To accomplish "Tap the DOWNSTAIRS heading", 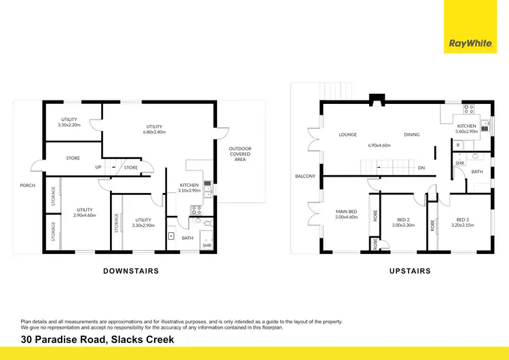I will tap(131, 271).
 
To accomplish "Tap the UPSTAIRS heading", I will tap(411, 271).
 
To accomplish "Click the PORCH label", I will tap(27, 185).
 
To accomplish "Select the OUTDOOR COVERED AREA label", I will tap(240, 154).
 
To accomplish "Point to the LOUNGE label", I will tap(348, 134).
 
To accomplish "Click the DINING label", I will tap(412, 134).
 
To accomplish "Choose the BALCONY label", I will tap(305, 176).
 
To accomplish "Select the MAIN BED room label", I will tap(347, 211).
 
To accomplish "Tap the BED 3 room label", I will tap(462, 219).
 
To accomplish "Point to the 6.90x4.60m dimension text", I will tap(380, 145).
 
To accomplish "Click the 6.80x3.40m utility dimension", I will tap(155, 132).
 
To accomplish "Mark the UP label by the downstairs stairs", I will tap(98, 167).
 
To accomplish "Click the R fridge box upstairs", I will tap(458, 145).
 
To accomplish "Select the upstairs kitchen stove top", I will tap(469, 109).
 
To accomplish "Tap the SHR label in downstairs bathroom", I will tap(206, 245).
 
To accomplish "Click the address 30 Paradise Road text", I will tap(97, 340).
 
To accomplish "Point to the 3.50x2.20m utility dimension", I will tap(69, 125).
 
